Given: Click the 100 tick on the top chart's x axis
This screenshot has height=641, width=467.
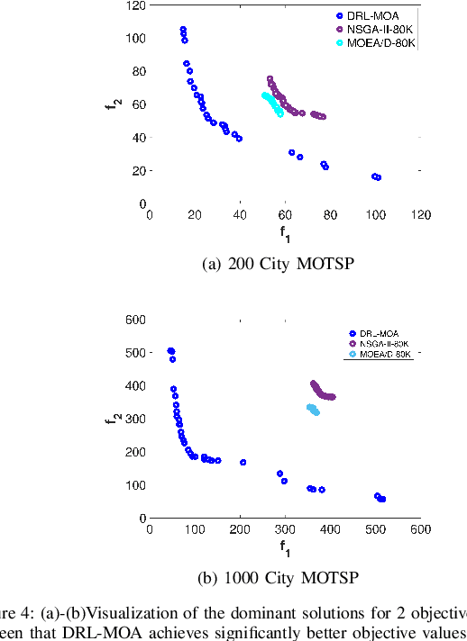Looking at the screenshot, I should coord(375,215).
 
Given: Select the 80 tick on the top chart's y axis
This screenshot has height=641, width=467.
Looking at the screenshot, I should coord(138,71).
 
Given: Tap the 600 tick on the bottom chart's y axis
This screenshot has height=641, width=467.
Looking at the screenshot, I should coord(135,319).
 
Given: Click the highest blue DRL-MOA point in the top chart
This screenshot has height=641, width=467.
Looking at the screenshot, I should coord(183,30).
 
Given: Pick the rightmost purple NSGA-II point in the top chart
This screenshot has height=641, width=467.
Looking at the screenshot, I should coord(323,117).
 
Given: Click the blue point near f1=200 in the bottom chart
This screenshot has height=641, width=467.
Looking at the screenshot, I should coord(243,462).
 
